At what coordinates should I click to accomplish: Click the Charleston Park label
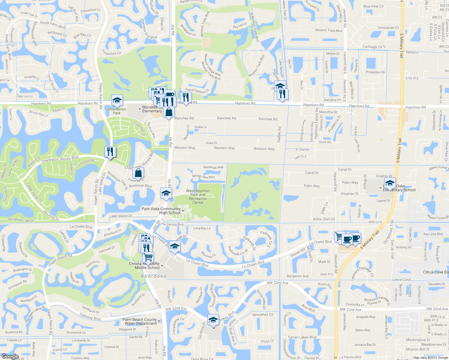click(x=117, y=111)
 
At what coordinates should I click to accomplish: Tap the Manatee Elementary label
click(x=152, y=109)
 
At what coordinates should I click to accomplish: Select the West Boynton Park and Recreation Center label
click(x=198, y=197)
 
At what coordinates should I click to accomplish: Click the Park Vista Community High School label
click(x=161, y=211)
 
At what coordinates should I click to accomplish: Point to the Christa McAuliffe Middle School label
click(x=144, y=266)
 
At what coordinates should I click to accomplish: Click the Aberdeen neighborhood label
click(x=154, y=276)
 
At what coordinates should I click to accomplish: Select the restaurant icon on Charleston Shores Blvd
click(x=110, y=152)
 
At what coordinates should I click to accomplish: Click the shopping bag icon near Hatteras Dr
click(x=138, y=173)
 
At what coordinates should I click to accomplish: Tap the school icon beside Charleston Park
click(x=117, y=100)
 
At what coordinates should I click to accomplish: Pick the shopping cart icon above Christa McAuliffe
click(x=148, y=257)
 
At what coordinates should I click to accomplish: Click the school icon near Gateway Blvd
click(x=213, y=320)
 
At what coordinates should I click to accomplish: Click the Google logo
click(x=10, y=356)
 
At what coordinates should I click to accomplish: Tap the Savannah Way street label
click(x=213, y=167)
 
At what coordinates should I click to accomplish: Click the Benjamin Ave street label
click(x=298, y=276)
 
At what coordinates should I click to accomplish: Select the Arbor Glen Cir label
click(x=324, y=219)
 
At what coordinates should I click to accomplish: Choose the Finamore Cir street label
click(x=111, y=53)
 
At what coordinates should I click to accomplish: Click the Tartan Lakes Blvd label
click(x=302, y=337)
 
